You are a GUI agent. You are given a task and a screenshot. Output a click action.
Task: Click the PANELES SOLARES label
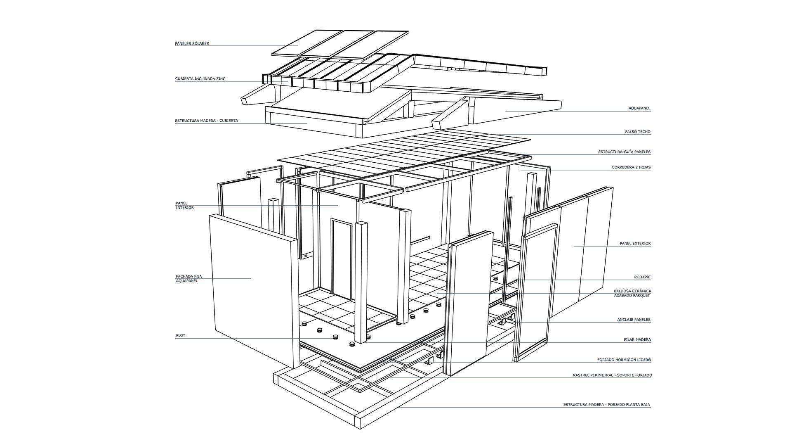(192, 43)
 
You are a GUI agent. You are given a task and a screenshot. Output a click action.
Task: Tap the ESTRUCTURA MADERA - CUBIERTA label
(206, 121)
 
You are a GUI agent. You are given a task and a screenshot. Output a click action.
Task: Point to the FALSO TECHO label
(638, 132)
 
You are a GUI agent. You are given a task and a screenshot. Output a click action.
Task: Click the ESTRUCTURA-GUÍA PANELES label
(624, 152)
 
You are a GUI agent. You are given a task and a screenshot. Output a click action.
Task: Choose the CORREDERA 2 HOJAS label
(631, 168)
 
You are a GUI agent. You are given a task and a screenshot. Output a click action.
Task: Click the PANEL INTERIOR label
(184, 205)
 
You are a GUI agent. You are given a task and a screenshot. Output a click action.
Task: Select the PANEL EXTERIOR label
(635, 244)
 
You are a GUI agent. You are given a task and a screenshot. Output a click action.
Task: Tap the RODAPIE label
(642, 277)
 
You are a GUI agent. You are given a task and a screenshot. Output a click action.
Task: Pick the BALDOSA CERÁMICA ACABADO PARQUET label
(632, 293)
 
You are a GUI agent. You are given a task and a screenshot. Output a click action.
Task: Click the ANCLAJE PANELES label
(634, 320)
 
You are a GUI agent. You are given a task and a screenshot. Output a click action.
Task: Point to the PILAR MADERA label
(637, 340)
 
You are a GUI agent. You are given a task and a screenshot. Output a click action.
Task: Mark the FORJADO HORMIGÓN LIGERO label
(624, 360)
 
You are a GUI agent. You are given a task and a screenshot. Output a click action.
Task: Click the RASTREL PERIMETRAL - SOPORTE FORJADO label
(612, 375)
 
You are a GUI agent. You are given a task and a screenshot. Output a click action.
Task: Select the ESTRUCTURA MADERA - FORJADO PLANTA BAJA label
(607, 405)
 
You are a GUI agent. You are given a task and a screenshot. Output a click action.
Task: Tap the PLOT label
(180, 336)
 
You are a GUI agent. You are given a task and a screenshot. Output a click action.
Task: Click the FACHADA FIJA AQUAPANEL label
(189, 278)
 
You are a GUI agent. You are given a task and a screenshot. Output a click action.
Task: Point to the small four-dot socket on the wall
(306, 256)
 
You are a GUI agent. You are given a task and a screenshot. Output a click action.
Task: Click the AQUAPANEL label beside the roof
(639, 109)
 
